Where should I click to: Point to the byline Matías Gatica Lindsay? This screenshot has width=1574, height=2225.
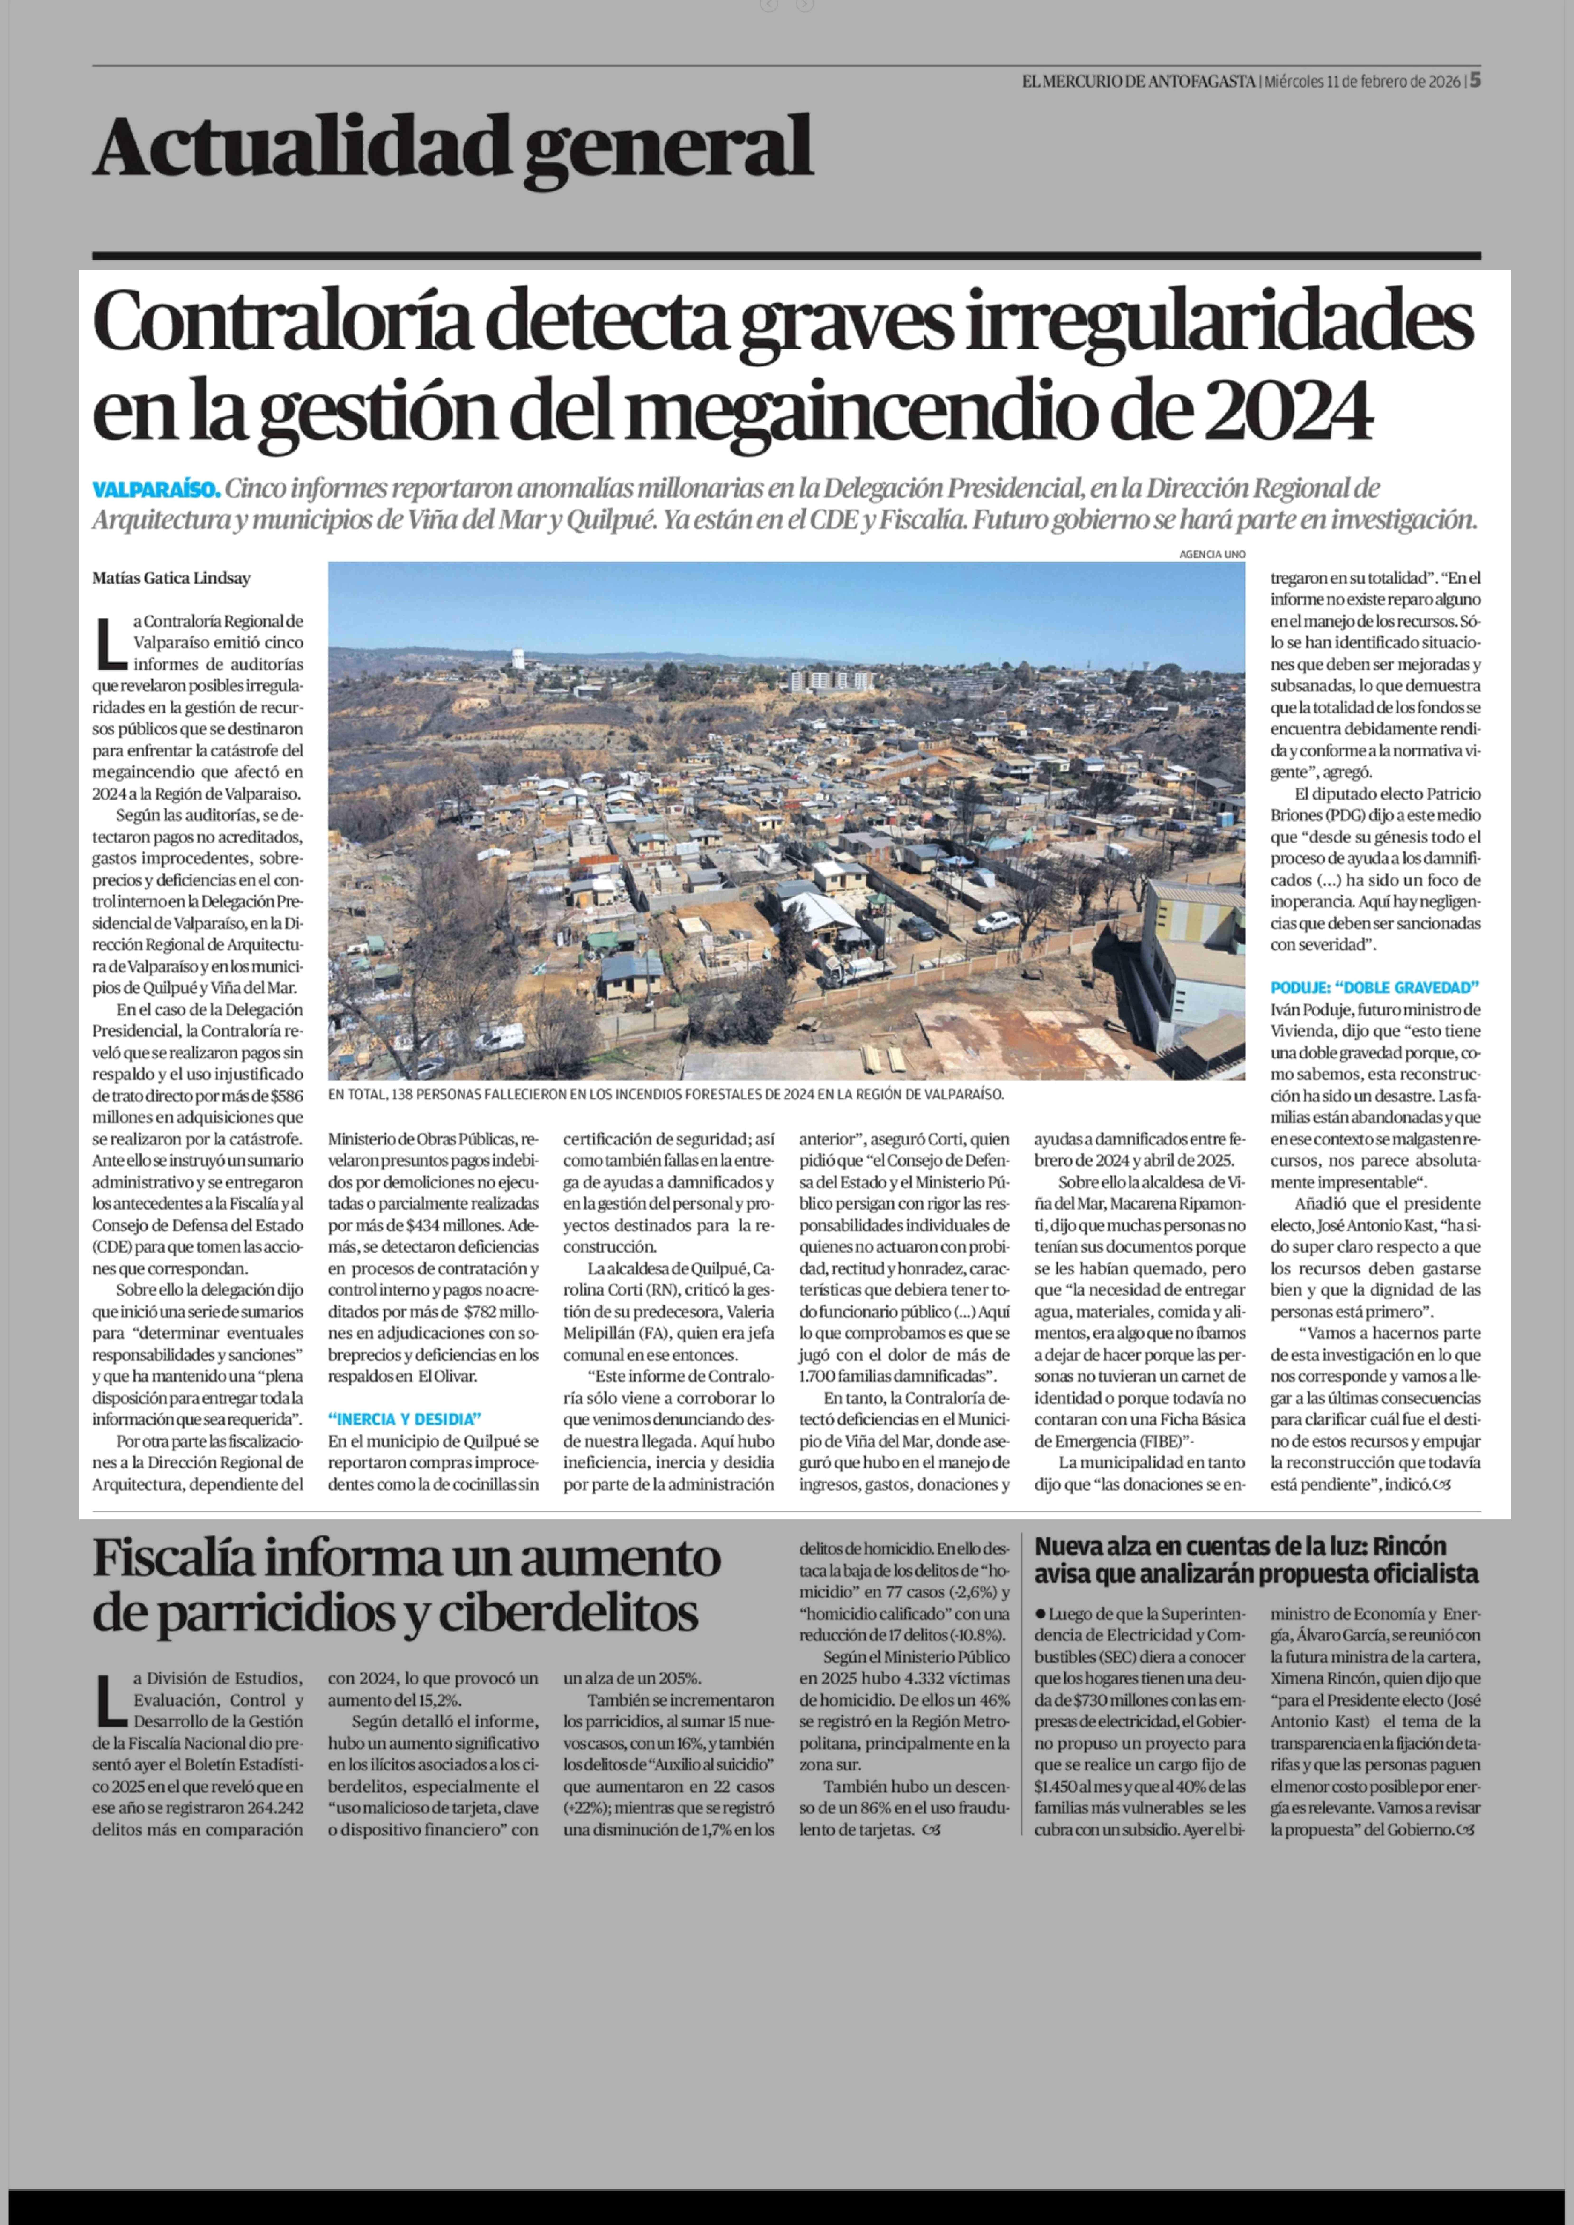tap(172, 579)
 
